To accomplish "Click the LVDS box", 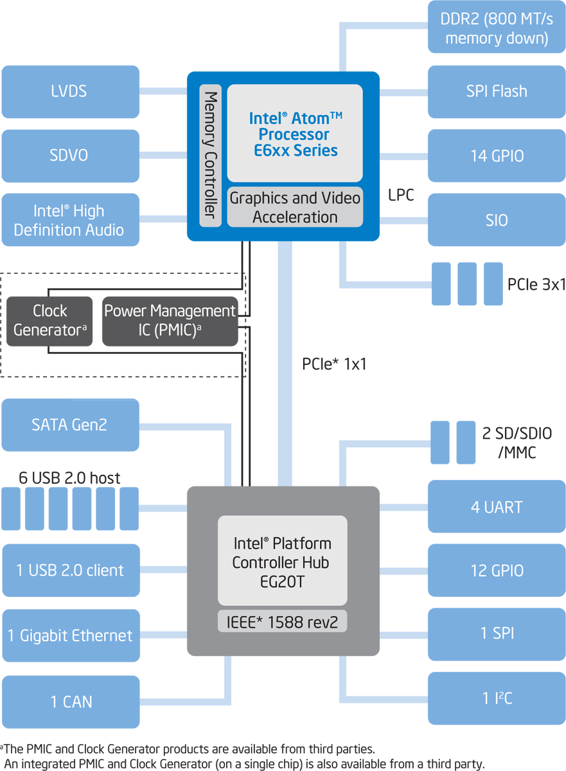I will (x=70, y=91).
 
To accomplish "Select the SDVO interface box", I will (x=70, y=155).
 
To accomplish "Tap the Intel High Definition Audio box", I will (x=70, y=220).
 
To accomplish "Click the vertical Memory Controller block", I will (x=210, y=155).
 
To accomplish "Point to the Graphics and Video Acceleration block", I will (x=295, y=207).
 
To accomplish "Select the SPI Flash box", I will (x=497, y=91).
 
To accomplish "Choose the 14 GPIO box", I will (x=497, y=155).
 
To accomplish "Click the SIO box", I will (x=497, y=220).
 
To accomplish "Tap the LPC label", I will (x=402, y=195).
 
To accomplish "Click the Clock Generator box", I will (x=50, y=321).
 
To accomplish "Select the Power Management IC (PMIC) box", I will (x=170, y=321).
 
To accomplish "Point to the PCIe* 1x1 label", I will (x=334, y=364).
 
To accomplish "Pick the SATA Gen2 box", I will (x=70, y=425).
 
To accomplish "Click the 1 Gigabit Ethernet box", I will (x=70, y=635).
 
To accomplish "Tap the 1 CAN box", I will (x=70, y=702).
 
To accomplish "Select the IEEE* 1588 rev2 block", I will (x=283, y=621).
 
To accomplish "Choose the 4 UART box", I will (x=497, y=507).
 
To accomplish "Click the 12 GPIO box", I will (x=497, y=571).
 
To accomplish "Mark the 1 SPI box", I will (x=497, y=634).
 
